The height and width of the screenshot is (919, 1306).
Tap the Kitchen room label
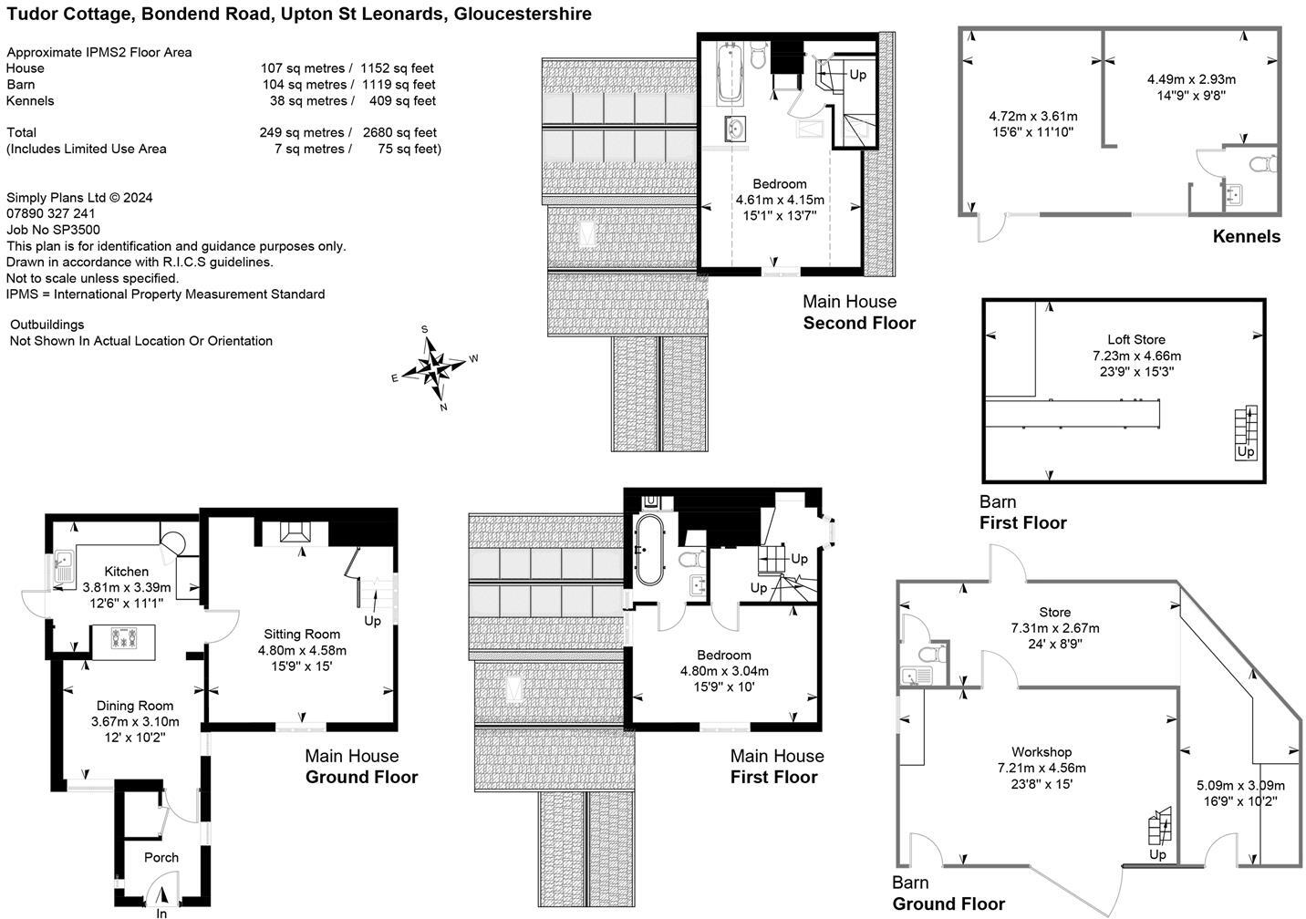(127, 571)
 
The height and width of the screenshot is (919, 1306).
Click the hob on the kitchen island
(124, 637)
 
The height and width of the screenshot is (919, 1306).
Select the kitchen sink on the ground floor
(63, 567)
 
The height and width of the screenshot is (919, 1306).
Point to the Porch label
(161, 857)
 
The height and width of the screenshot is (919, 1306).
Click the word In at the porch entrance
(161, 914)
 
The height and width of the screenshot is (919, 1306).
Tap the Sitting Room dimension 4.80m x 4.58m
(302, 650)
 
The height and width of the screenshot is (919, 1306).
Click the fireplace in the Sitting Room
(295, 532)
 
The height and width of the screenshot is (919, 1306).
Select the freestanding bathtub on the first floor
(649, 550)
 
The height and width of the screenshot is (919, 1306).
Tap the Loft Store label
(1136, 339)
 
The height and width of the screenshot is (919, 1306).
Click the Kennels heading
(1247, 236)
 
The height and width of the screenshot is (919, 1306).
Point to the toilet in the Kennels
(1263, 164)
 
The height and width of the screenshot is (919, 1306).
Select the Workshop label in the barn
(1042, 752)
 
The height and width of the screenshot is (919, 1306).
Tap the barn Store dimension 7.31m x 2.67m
(1055, 628)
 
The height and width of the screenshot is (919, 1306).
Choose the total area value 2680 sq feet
(399, 132)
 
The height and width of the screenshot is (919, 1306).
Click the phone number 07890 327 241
(50, 213)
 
